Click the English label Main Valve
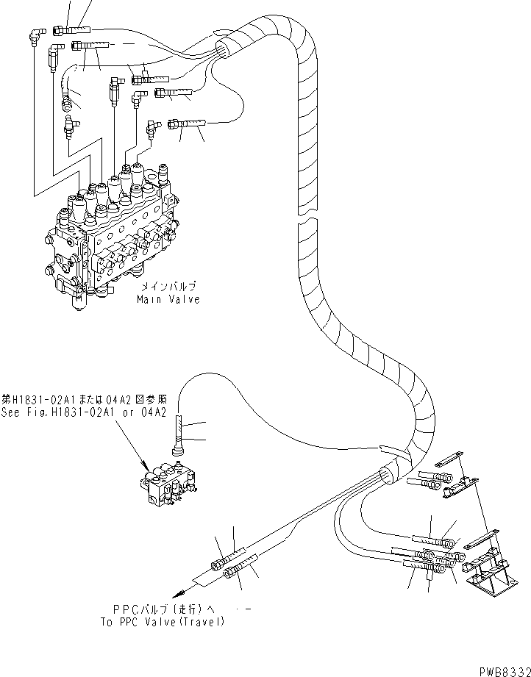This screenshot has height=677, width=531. click(167, 299)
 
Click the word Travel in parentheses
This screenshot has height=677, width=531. click(198, 621)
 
